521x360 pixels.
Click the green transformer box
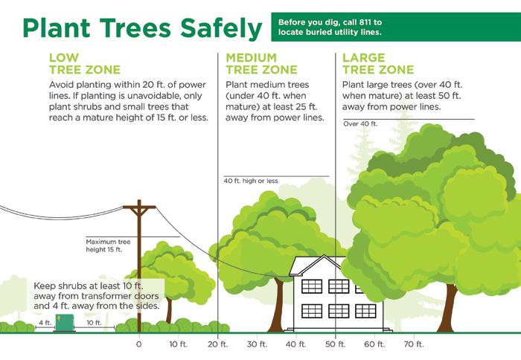click(x=65, y=323)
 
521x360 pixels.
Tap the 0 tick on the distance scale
click(x=139, y=344)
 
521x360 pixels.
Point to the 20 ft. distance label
click(x=218, y=344)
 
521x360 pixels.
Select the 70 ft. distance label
click(x=414, y=344)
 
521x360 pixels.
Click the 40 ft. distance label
click(x=296, y=344)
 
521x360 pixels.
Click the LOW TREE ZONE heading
click(x=85, y=64)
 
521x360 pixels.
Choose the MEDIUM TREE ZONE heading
click(x=261, y=64)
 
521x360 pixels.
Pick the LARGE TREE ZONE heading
click(x=378, y=64)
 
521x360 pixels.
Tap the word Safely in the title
click(x=221, y=28)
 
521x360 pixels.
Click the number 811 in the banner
click(x=365, y=22)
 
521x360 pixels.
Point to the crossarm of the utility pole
click(x=140, y=208)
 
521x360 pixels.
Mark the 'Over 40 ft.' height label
click(x=360, y=124)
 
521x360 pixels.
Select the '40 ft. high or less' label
click(x=251, y=181)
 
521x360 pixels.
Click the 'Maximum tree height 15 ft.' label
click(x=108, y=245)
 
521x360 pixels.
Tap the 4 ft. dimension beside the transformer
click(x=45, y=323)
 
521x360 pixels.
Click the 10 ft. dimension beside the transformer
click(x=94, y=323)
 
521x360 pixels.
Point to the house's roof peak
click(x=325, y=256)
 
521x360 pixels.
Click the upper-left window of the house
click(x=312, y=286)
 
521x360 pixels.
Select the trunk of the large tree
click(x=447, y=308)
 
